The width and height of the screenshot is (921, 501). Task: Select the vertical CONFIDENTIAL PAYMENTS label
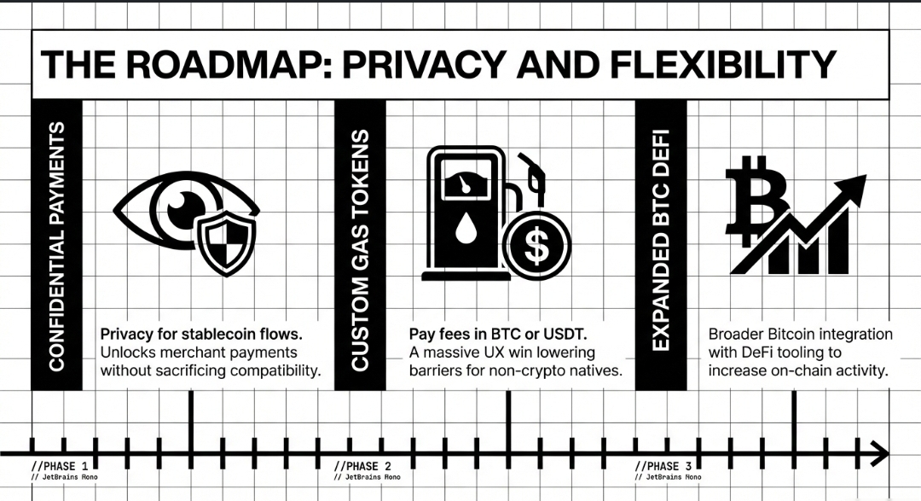57,246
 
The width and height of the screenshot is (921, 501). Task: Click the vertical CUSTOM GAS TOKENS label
360,250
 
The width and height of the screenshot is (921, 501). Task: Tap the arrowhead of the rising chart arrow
854,187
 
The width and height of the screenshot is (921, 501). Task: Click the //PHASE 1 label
59,466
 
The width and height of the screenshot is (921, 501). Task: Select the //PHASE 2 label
362,466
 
